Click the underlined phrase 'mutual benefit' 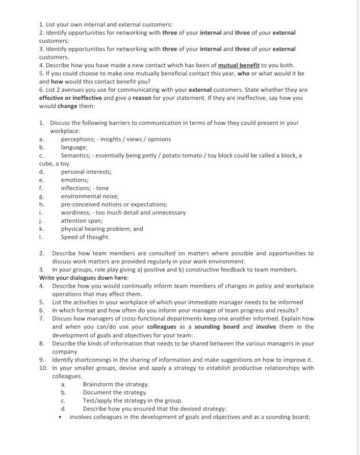coord(239,65)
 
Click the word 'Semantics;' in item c coord(76,155)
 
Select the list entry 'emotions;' coord(74,180)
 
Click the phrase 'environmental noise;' coord(90,196)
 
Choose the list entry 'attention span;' coord(82,221)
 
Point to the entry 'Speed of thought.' coord(85,237)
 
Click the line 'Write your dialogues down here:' coord(84,278)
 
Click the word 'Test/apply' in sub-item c coord(98,400)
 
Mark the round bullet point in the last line coord(61,417)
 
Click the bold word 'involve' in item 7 coord(266,327)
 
